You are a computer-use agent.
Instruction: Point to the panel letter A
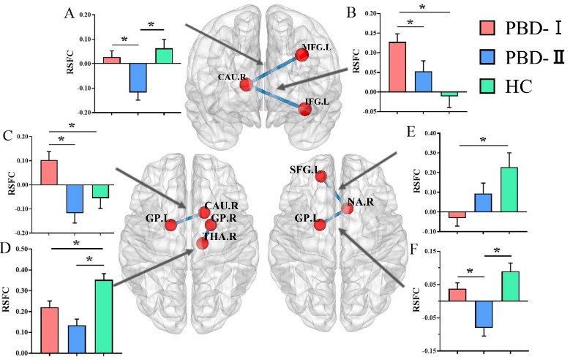(70, 13)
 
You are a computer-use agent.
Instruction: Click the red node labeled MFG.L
(302, 53)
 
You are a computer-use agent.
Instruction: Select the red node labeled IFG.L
(304, 110)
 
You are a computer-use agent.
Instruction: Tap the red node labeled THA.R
(202, 242)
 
